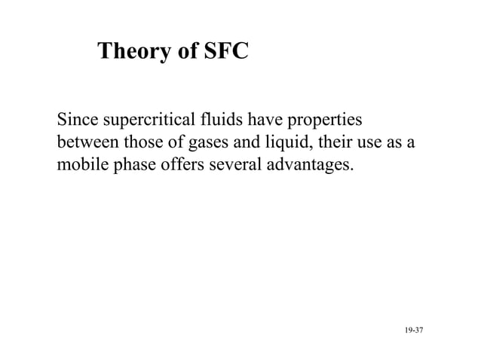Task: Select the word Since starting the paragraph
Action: (76, 121)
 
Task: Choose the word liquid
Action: (286, 142)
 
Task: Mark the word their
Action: (329, 142)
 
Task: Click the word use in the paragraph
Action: (369, 142)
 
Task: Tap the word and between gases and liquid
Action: (249, 142)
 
